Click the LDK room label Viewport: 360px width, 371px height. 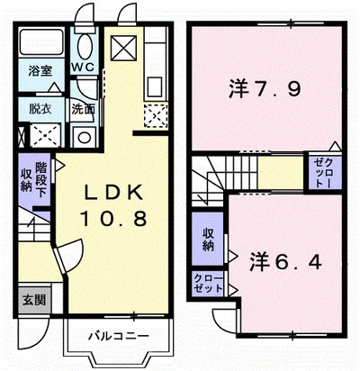(x=113, y=193)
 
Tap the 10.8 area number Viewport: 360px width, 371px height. (x=113, y=218)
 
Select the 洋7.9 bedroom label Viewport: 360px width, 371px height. (x=265, y=88)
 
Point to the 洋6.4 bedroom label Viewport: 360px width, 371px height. (x=286, y=262)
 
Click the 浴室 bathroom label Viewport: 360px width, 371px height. (x=40, y=71)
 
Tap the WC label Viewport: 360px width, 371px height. (x=83, y=67)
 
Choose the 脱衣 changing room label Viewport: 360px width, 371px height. (x=40, y=109)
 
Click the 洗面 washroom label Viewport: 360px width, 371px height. (x=83, y=109)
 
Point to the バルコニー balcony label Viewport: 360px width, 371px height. (x=118, y=336)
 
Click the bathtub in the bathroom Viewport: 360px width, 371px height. (x=41, y=41)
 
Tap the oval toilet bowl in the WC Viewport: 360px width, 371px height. (x=85, y=46)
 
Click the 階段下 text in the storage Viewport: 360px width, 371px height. (x=41, y=180)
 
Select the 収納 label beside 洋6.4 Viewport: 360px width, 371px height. (x=207, y=240)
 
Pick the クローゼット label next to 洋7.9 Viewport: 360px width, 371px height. (x=324, y=173)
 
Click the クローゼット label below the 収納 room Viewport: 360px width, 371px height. (x=208, y=284)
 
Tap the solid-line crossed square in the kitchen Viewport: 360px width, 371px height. (x=123, y=48)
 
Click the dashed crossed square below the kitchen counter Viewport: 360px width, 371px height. (x=156, y=115)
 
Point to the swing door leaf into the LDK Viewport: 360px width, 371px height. (x=59, y=259)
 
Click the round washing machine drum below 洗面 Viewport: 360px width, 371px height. (x=84, y=138)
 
